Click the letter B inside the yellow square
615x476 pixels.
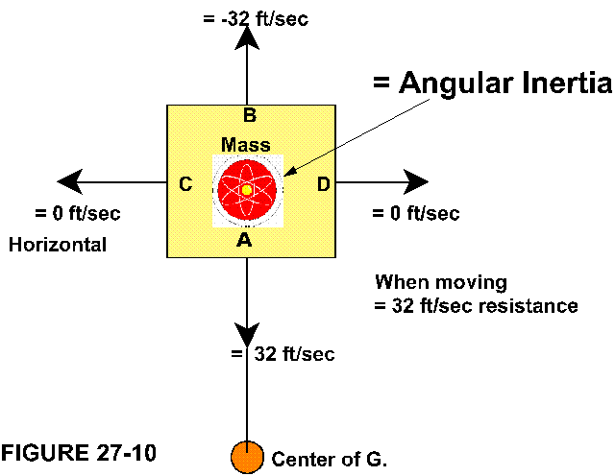249,116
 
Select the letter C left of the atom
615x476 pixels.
186,184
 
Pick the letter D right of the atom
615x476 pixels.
324,184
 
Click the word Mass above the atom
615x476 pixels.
245,145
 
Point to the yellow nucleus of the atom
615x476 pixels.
247,190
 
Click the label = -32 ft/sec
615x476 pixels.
257,18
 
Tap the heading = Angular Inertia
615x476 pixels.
492,83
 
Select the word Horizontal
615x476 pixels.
58,245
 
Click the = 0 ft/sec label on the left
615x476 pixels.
78,213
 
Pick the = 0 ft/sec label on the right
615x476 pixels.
415,213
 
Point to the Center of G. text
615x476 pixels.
330,459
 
